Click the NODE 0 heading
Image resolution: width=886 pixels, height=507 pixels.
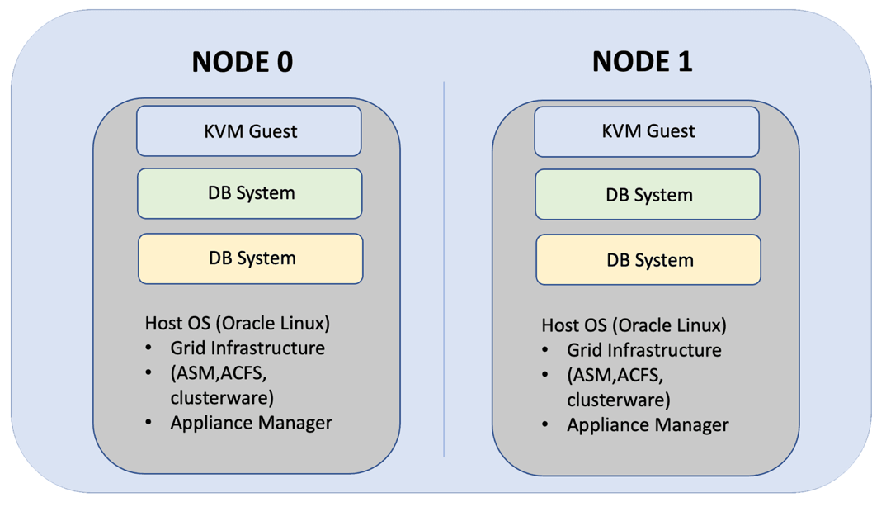point(242,61)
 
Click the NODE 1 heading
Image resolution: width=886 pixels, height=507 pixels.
point(642,60)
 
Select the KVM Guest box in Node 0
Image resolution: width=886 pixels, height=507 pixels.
point(249,130)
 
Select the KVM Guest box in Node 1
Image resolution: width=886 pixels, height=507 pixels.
point(647,131)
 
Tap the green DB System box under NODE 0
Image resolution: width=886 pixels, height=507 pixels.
point(250,193)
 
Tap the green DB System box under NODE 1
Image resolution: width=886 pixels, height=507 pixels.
point(648,195)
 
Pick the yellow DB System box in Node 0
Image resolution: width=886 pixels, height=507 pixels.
point(251,258)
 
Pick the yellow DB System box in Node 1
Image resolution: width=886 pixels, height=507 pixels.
point(648,260)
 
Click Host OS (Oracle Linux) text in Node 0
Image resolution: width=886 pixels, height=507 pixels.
point(238,322)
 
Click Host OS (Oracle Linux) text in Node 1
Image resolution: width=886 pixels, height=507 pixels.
point(634,325)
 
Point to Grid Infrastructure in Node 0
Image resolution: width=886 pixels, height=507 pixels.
point(247,348)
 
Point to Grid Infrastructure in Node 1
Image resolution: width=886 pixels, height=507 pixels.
point(643,350)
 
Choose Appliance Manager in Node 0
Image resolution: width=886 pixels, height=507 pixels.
point(251,423)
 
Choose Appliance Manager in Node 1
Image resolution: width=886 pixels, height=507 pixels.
point(648,425)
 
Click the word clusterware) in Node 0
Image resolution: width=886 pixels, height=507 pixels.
point(222,397)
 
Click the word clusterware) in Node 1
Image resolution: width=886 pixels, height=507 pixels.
point(618,400)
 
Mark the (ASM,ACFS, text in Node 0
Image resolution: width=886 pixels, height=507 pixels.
point(219,373)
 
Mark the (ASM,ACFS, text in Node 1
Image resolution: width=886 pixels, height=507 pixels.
point(615,376)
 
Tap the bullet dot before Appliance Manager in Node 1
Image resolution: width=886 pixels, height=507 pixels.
point(545,425)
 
